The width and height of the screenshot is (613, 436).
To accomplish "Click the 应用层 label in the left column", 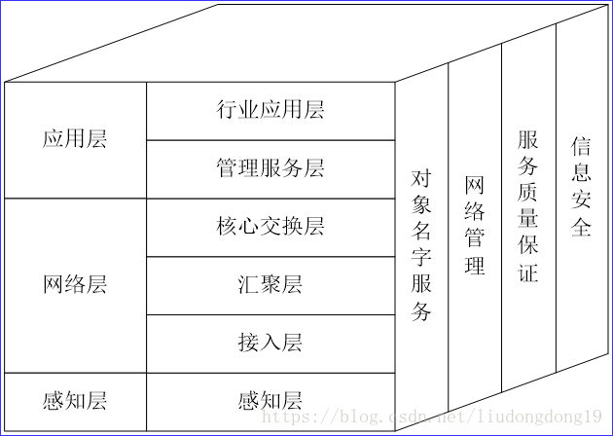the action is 75,139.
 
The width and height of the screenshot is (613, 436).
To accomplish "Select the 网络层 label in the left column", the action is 75,285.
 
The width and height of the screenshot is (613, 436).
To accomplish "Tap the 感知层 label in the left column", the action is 75,401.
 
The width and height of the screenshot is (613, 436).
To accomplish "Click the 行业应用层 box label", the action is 270,110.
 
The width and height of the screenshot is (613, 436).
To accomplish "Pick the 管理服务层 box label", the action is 270,168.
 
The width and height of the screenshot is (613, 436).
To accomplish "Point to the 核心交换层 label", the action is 270,227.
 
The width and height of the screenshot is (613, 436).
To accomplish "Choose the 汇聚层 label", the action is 270,285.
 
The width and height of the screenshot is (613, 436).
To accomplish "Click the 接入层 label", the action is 270,343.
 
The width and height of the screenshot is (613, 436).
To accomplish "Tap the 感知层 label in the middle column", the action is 270,401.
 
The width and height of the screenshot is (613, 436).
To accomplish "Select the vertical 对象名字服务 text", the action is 421,245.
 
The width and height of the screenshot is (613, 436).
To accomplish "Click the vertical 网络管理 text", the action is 475,225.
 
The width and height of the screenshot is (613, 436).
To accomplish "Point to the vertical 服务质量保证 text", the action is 527,205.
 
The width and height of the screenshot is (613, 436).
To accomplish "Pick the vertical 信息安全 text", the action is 581,187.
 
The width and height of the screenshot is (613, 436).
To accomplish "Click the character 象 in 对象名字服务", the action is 421,204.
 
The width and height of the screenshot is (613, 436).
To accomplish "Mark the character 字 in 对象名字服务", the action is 421,258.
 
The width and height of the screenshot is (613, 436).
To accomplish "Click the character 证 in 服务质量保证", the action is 527,272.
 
